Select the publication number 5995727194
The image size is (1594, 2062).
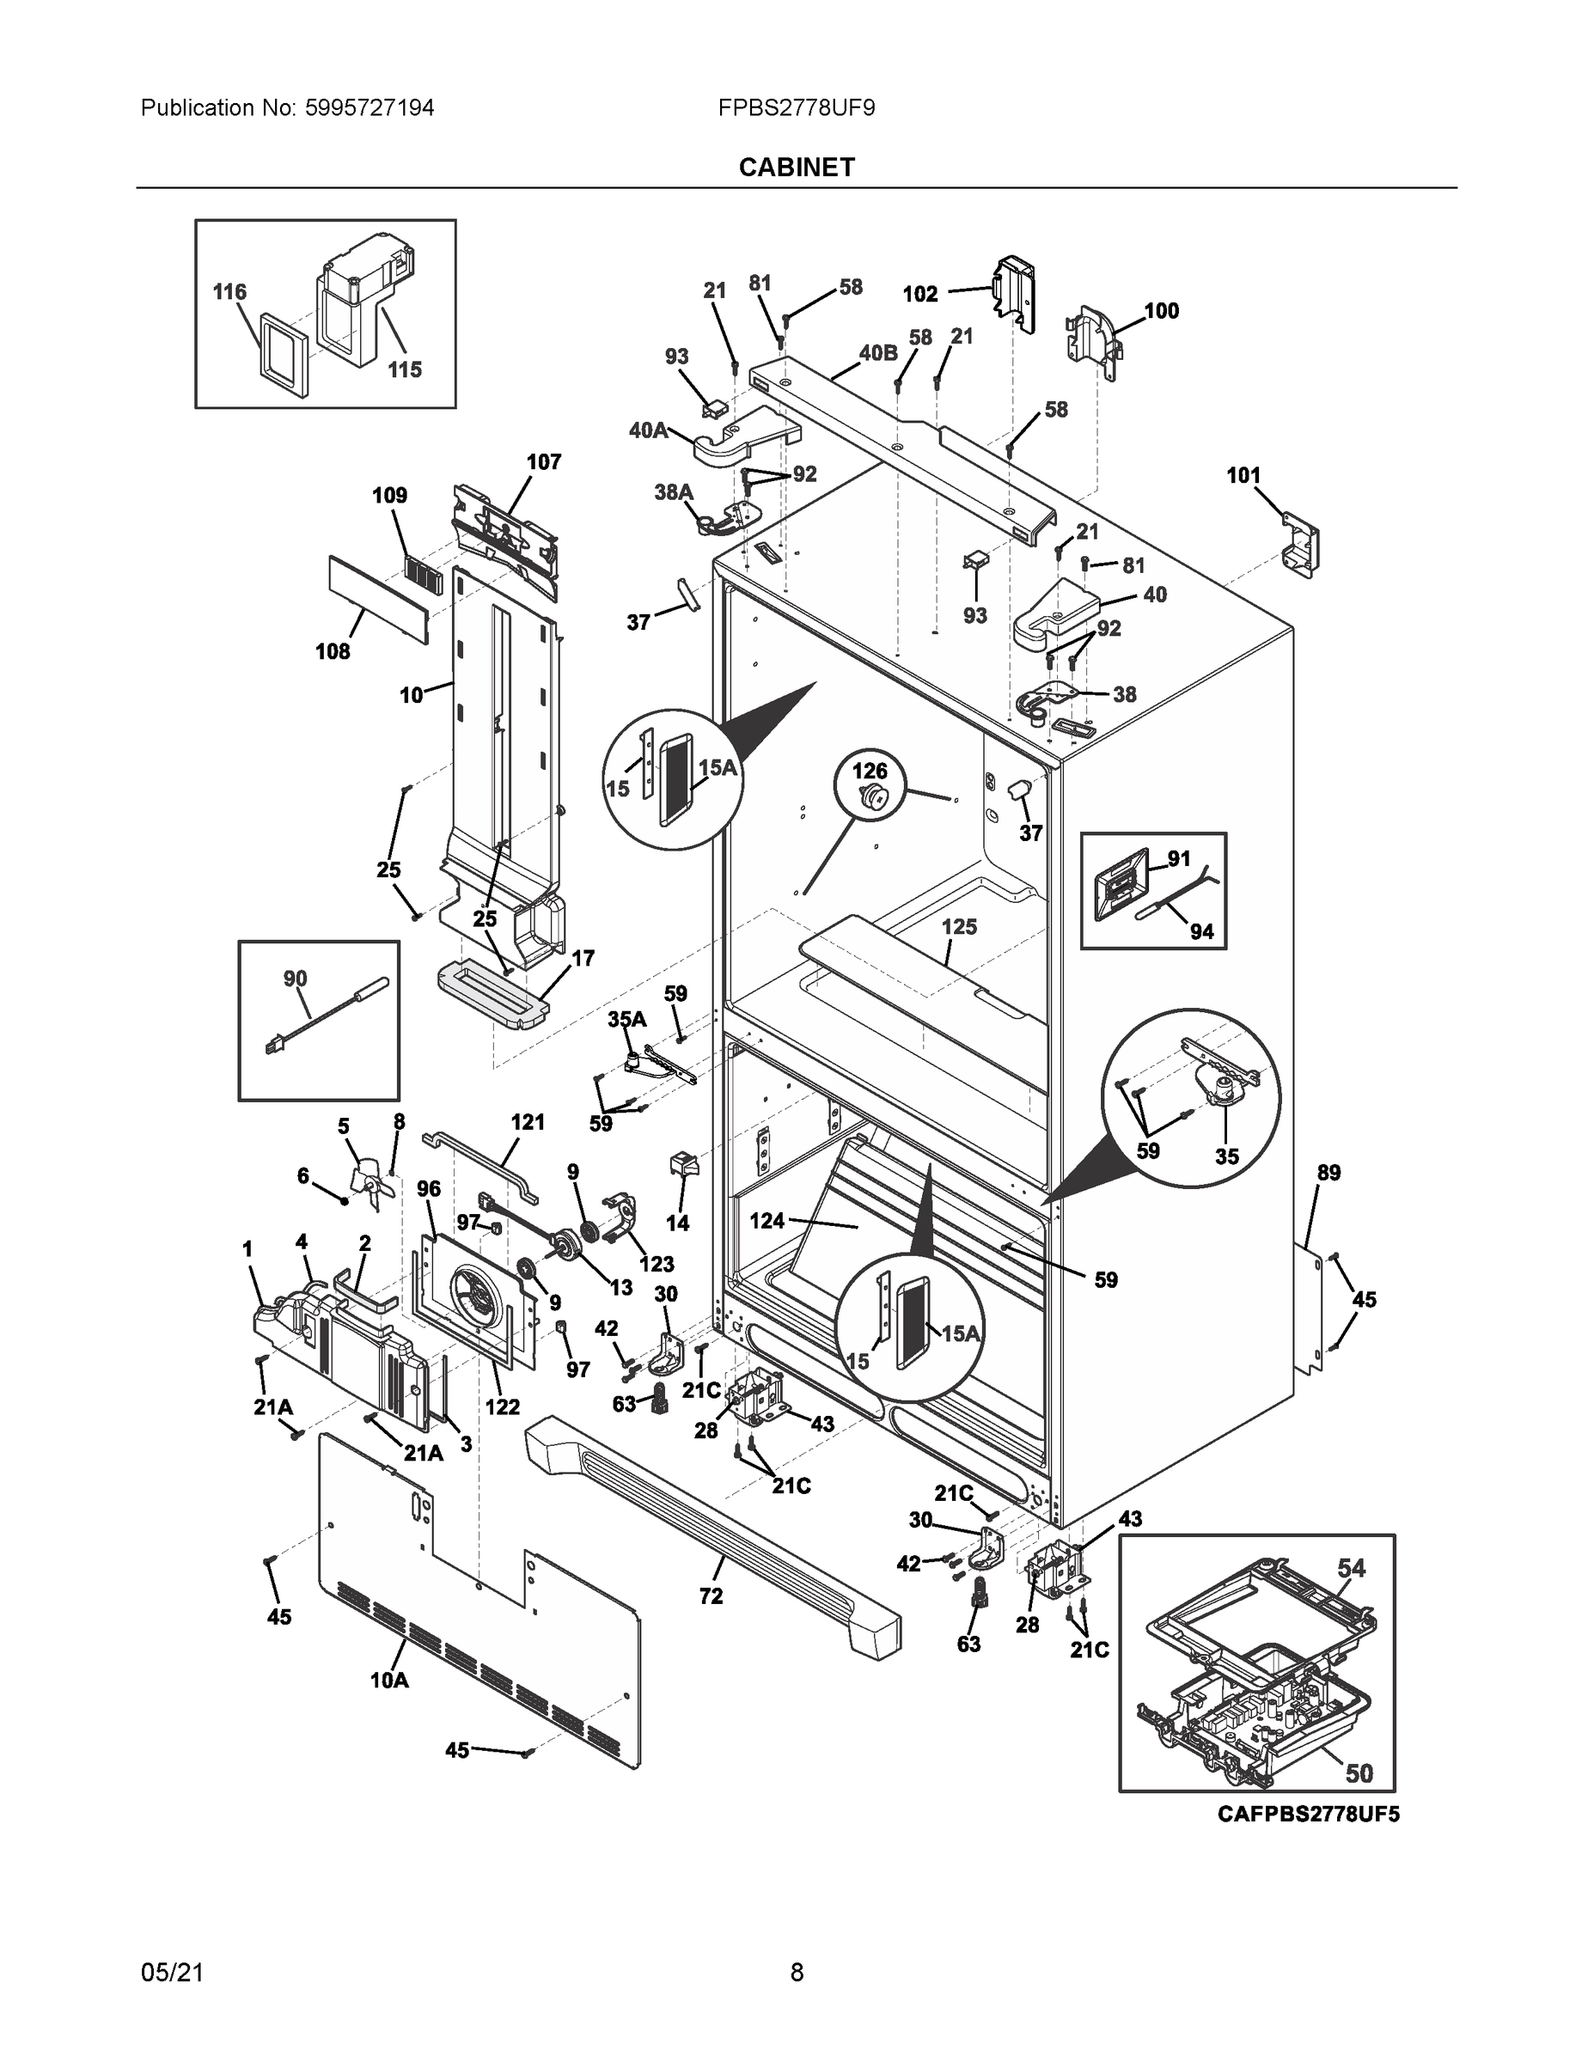(x=369, y=107)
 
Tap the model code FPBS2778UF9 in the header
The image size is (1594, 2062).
(x=796, y=107)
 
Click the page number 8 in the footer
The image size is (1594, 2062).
(x=796, y=1973)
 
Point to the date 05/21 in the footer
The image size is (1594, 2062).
(x=172, y=1973)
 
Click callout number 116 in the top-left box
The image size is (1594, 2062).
(x=229, y=293)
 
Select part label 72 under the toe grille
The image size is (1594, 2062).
(x=710, y=1595)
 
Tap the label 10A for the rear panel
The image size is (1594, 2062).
(x=389, y=1680)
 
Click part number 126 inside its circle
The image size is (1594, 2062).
(x=870, y=772)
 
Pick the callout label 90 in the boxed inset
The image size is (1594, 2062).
(x=295, y=979)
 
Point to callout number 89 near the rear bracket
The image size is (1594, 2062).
(x=1328, y=1173)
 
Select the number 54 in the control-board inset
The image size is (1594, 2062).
(x=1352, y=1568)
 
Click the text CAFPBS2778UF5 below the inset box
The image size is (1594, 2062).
(x=1308, y=1814)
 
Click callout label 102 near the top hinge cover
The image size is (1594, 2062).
(x=919, y=295)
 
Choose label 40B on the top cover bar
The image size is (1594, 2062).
(x=877, y=353)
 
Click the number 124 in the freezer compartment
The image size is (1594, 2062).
(x=766, y=1221)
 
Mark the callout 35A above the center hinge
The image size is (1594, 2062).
(x=626, y=1020)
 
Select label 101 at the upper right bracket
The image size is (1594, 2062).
(x=1243, y=476)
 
